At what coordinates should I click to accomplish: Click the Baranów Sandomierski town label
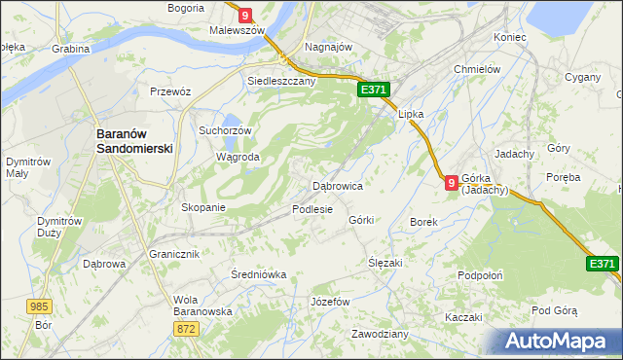133,141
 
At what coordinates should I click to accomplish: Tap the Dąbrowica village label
337,185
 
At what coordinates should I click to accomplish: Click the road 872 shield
188,330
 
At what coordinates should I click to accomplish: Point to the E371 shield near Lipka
374,90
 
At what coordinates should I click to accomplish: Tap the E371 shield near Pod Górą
603,264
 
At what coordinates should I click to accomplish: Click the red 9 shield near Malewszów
244,15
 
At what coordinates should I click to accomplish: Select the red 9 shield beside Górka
452,182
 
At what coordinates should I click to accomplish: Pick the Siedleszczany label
281,82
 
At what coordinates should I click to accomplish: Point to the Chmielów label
477,70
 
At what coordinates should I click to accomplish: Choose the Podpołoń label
480,275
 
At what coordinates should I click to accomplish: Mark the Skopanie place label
203,207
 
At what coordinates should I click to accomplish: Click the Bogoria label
186,8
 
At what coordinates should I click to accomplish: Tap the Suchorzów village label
225,130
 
